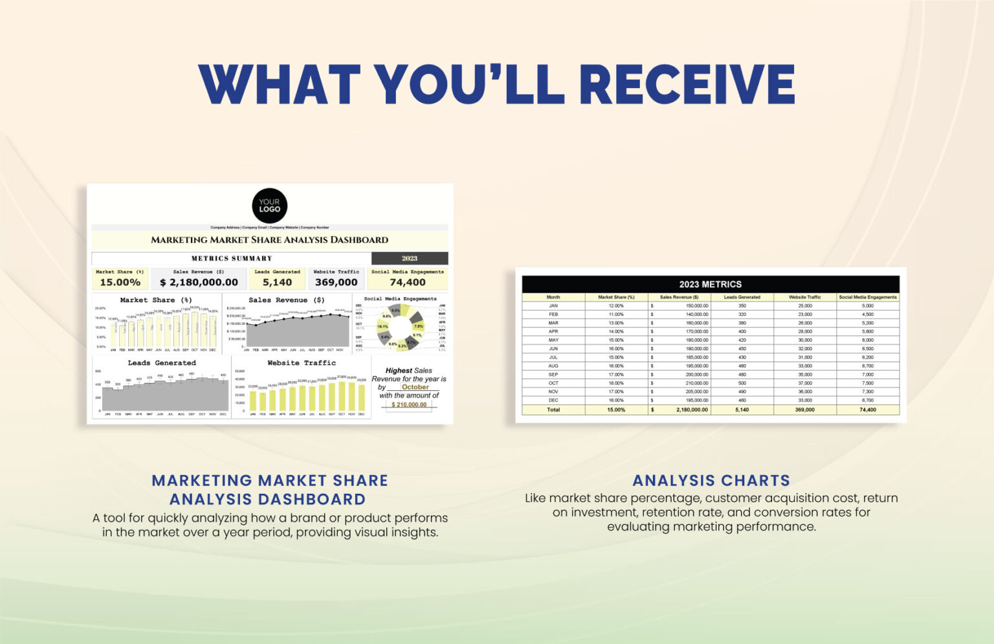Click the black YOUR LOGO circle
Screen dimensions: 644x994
[x=269, y=206]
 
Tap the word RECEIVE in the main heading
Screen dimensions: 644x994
[x=686, y=85]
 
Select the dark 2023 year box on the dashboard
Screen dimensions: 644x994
[x=410, y=258]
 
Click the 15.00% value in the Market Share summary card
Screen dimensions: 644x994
[x=120, y=282]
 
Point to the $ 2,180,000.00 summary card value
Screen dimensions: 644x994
[x=199, y=282]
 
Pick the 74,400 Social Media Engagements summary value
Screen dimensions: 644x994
[x=408, y=282]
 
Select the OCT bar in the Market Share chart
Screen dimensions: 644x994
[x=195, y=330]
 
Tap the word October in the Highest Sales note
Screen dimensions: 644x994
[x=415, y=387]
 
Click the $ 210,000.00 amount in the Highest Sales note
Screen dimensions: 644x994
[x=409, y=405]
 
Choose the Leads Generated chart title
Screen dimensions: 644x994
[x=162, y=363]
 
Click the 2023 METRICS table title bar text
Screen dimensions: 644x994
[x=711, y=284]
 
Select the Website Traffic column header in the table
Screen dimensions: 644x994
[x=804, y=297]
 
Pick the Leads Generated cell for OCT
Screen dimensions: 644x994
[x=742, y=383]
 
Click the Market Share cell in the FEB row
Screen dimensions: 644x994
[x=616, y=315]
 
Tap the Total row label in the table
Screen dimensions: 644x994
[x=553, y=410]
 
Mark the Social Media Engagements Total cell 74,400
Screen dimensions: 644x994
[x=868, y=410]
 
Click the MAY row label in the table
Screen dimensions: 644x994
[x=553, y=340]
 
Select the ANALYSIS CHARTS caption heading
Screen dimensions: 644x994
[x=711, y=480]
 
